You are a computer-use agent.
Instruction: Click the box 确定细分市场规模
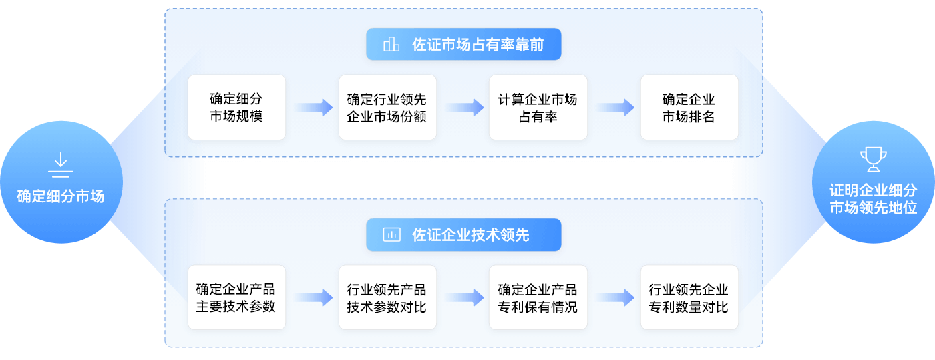236,107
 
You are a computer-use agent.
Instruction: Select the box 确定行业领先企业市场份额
387,107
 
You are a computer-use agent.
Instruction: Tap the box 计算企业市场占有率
538,107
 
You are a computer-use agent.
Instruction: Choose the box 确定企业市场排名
689,107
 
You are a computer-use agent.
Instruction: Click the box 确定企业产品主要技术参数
236,297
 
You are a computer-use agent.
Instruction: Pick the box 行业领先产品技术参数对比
387,297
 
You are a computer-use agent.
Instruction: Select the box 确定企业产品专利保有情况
538,297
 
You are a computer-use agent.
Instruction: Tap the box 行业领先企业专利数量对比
689,297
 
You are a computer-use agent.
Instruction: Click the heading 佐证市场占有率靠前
478,45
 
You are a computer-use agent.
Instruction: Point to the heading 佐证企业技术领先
471,235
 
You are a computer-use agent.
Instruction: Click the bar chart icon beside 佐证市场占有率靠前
391,45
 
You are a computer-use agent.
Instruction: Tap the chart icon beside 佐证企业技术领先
391,235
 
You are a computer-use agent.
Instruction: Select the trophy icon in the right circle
873,160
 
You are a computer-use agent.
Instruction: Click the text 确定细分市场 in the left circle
60,196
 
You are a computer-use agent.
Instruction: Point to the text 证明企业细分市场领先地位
873,200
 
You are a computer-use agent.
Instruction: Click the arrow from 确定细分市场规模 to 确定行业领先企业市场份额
313,107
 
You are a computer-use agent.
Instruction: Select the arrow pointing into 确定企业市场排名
614,107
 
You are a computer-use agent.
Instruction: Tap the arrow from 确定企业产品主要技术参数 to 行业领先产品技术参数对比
313,297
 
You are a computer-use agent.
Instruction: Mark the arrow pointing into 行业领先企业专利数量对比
614,297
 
